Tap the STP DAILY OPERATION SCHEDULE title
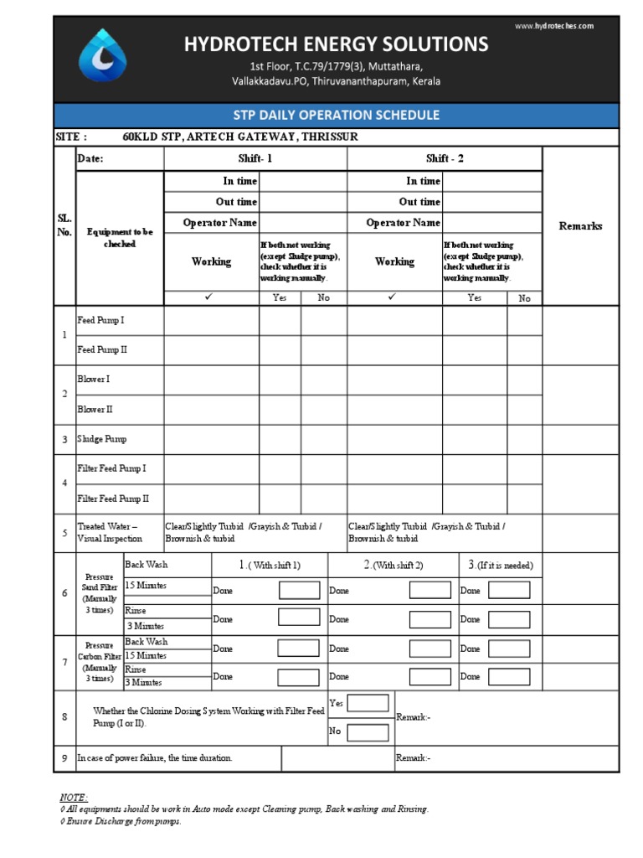tap(336, 115)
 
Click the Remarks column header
tap(580, 226)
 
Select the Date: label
tap(90, 159)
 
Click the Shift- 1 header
tap(255, 159)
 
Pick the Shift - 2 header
tap(444, 159)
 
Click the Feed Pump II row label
tap(101, 350)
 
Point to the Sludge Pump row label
tap(102, 439)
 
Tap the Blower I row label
tap(94, 380)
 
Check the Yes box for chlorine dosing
tap(368, 703)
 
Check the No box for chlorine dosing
tap(368, 732)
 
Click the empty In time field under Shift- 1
tap(302, 181)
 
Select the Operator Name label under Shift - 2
tap(403, 223)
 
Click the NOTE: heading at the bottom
tap(74, 797)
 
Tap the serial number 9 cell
tap(64, 758)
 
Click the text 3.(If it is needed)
tap(501, 566)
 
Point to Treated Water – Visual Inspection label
tap(108, 533)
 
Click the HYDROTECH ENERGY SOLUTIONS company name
tap(336, 44)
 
